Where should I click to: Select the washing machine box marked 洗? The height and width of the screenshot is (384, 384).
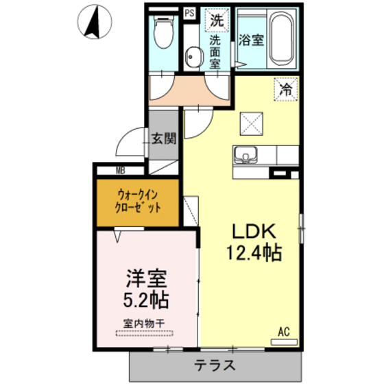tap(217, 21)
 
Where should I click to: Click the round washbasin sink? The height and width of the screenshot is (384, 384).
tap(193, 57)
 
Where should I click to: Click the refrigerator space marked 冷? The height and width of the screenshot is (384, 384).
tap(286, 88)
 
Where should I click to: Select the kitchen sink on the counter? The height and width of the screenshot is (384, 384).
tap(245, 154)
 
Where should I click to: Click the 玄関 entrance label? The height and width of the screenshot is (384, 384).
tap(163, 138)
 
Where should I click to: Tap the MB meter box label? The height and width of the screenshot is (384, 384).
tap(119, 171)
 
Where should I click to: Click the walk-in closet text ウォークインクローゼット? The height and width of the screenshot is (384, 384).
tap(139, 200)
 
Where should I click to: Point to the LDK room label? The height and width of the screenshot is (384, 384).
tap(253, 230)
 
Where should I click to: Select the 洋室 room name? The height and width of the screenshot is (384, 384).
tap(146, 279)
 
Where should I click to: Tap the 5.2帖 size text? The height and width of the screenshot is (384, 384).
tap(146, 300)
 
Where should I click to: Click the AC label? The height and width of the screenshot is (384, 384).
tap(284, 333)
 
